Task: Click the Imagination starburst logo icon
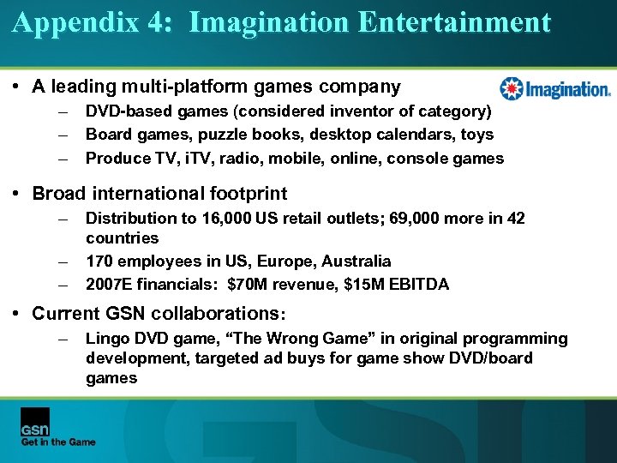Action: tap(511, 88)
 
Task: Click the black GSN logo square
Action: tap(35, 421)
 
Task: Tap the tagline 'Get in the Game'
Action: tap(58, 442)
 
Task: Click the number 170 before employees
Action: tap(99, 261)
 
